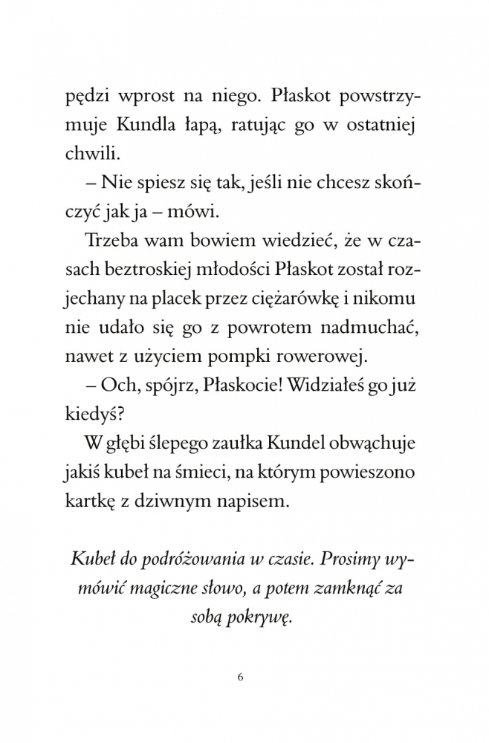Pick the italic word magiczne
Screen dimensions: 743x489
pyautogui.click(x=159, y=588)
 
